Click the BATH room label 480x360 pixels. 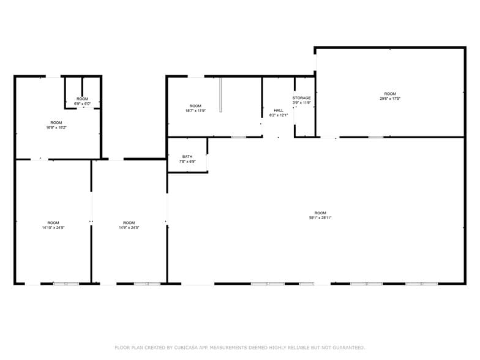[x=187, y=156]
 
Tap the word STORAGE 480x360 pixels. [x=301, y=98]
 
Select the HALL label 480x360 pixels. [x=279, y=110]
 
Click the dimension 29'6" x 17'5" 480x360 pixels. [x=390, y=99]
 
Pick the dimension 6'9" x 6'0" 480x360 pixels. [x=82, y=103]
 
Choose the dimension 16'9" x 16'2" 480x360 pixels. [x=56, y=127]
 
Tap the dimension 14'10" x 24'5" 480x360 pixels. [x=53, y=227]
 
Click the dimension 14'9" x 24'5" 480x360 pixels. [x=129, y=227]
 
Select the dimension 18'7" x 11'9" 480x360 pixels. [x=195, y=111]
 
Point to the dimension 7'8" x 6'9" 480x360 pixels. [x=187, y=162]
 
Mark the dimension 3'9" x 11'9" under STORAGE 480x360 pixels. [x=301, y=103]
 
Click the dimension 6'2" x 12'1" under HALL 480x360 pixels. [x=279, y=115]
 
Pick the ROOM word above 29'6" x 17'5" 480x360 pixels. [x=390, y=94]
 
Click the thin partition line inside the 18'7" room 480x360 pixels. [x=220, y=95]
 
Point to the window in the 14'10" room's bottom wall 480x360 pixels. [x=66, y=283]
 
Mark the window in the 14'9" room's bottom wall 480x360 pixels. [x=147, y=283]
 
